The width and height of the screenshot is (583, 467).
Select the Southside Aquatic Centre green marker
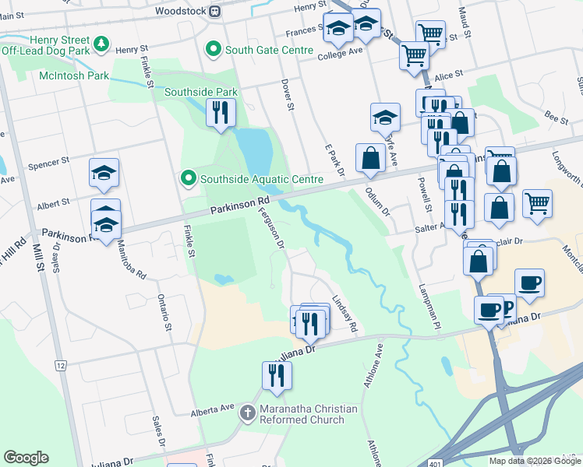[x=188, y=179]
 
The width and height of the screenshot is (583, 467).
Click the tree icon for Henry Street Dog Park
[x=101, y=45]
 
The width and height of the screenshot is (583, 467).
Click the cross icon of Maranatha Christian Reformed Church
[x=248, y=413]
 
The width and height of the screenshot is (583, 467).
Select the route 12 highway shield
[x=60, y=365]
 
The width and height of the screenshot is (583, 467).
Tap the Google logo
[x=26, y=458]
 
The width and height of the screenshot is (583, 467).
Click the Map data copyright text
[x=535, y=461]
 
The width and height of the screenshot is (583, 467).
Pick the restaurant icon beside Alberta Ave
[x=277, y=376]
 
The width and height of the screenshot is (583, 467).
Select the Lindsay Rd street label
[x=344, y=315]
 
